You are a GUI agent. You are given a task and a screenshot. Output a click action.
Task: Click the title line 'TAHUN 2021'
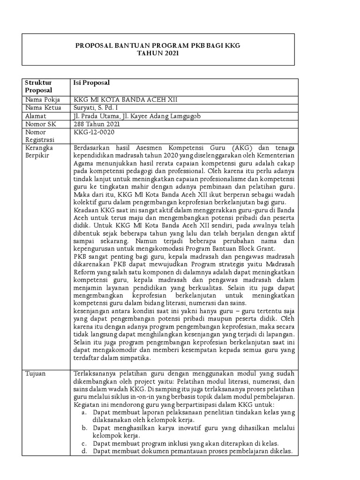(x=158, y=54)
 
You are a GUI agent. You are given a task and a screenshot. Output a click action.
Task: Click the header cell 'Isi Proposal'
(x=92, y=82)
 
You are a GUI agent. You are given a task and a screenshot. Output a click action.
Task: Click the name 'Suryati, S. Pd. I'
(x=97, y=108)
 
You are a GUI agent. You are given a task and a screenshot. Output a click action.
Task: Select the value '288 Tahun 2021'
(x=97, y=125)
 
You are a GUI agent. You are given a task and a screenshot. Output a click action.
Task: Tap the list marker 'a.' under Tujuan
(x=84, y=412)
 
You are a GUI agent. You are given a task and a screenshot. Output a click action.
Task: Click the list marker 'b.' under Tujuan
(x=84, y=428)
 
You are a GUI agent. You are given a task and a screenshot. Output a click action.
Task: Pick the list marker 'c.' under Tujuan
(x=84, y=443)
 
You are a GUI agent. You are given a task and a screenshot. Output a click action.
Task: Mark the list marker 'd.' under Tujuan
(x=84, y=451)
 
